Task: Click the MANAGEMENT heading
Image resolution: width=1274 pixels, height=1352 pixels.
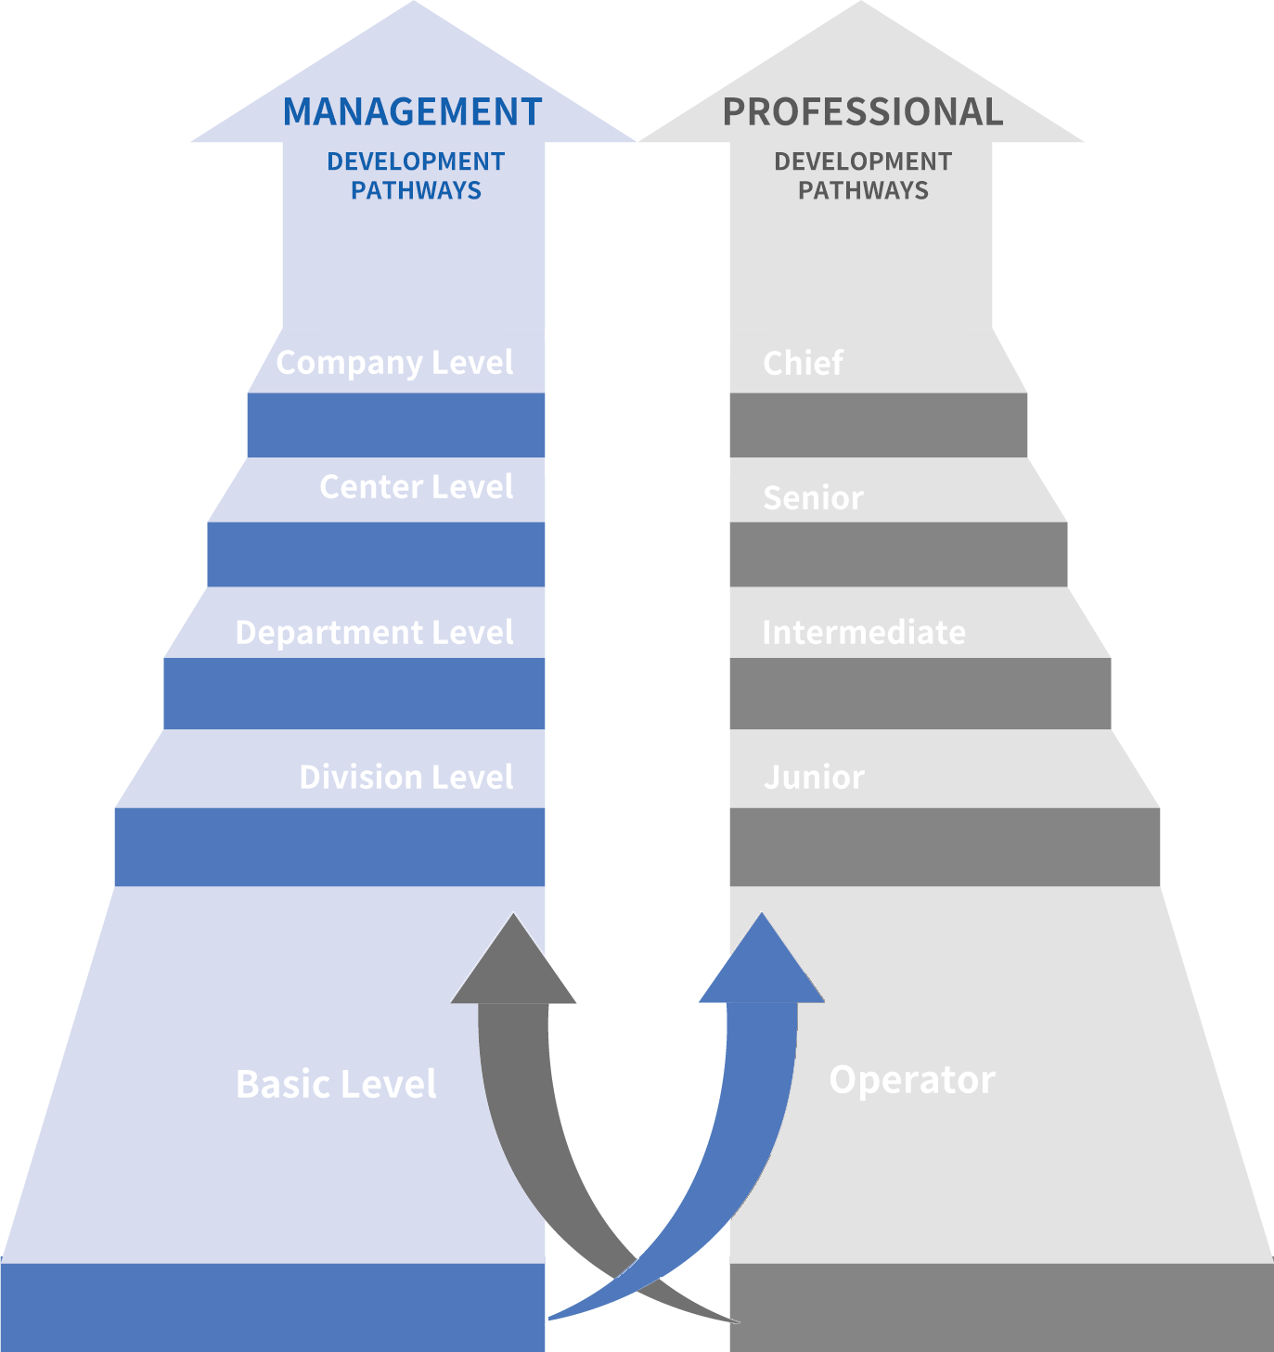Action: pos(412,112)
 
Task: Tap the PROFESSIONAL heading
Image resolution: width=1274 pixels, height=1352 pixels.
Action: pos(862,112)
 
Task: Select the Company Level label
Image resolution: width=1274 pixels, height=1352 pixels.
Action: pos(394,363)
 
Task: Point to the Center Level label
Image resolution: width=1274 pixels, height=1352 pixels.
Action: pos(416,487)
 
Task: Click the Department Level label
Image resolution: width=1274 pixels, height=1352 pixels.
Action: pos(374,633)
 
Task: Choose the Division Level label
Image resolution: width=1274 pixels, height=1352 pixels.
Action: pos(405,778)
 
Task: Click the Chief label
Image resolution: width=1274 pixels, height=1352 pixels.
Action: pos(803,363)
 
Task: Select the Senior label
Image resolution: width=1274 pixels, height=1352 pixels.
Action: pos(813,498)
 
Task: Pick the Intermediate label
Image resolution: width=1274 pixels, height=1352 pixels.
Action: pos(863,633)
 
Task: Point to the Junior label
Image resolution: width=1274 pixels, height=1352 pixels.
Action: pos(814,778)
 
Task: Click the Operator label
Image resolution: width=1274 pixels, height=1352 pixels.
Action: pos(911,1080)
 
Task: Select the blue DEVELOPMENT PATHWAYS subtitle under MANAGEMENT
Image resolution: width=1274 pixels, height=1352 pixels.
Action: pos(416,175)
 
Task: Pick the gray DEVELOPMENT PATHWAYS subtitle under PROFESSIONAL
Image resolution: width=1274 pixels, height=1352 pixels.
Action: pos(862,175)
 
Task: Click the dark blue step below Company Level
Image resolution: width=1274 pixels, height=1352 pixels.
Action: pos(395,425)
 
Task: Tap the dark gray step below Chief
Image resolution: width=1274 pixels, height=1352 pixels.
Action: pos(878,425)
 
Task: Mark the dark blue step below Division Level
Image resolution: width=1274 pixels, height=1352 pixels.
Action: pos(329,847)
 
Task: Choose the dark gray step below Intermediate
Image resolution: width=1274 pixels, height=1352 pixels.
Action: pos(920,694)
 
